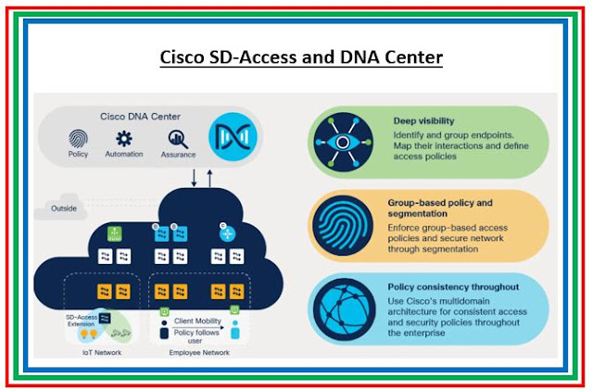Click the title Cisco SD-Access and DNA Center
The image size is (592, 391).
[x=296, y=58]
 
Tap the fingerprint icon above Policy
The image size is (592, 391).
[x=79, y=139]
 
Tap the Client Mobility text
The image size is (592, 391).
[x=196, y=321]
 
